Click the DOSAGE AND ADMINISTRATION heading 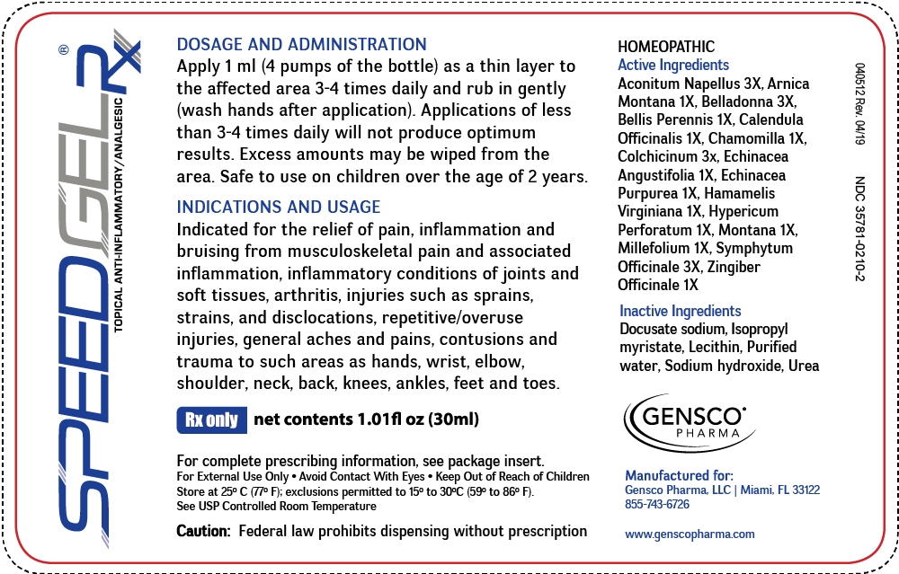coord(301,44)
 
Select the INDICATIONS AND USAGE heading coord(278,207)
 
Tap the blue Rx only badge coord(211,419)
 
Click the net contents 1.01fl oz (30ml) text coord(367,419)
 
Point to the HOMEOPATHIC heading coord(666,47)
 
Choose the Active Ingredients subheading coord(673,65)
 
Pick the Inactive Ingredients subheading coord(681,311)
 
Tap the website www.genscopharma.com coord(690,534)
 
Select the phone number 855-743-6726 coord(657,504)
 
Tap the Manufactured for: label coord(679,475)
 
